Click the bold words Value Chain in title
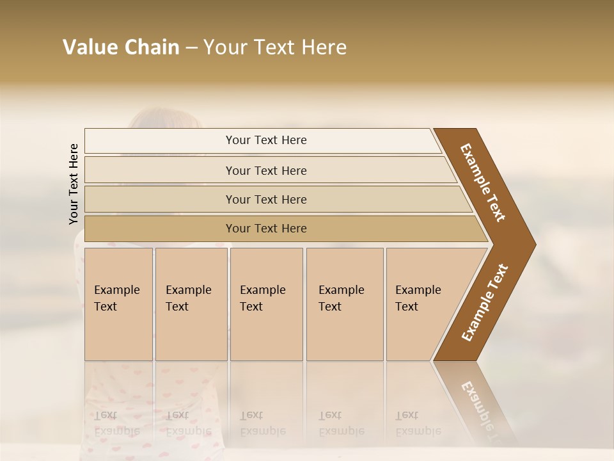pyautogui.click(x=121, y=47)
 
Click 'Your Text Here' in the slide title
pyautogui.click(x=275, y=47)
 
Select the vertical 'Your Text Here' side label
pyautogui.click(x=74, y=184)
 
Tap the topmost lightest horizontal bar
pyautogui.click(x=265, y=140)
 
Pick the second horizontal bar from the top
pyautogui.click(x=265, y=170)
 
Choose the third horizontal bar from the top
pyautogui.click(x=265, y=199)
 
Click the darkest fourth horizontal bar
pyautogui.click(x=265, y=229)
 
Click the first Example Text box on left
pyautogui.click(x=118, y=304)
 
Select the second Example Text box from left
pyautogui.click(x=191, y=304)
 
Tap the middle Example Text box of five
pyautogui.click(x=265, y=304)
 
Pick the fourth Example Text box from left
pyautogui.click(x=344, y=304)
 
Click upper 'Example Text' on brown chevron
pyautogui.click(x=483, y=182)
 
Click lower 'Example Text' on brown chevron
pyautogui.click(x=484, y=303)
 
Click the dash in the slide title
pyautogui.click(x=191, y=48)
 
